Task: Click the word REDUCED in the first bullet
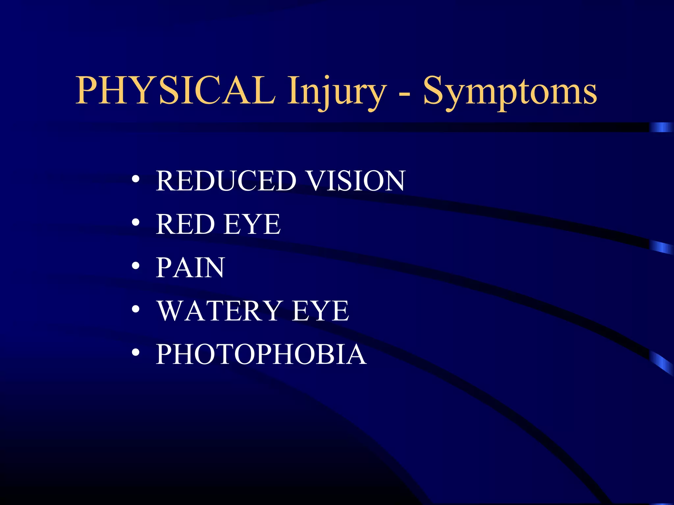pos(226,180)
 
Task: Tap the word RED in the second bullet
pos(186,224)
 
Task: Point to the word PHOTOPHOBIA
pos(261,354)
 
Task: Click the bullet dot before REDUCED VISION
pos(136,180)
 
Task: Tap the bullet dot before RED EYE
pos(136,223)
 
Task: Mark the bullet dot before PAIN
pos(136,266)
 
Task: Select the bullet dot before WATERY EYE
pos(136,310)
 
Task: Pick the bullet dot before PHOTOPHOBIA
pos(136,353)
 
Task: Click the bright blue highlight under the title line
pos(661,127)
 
